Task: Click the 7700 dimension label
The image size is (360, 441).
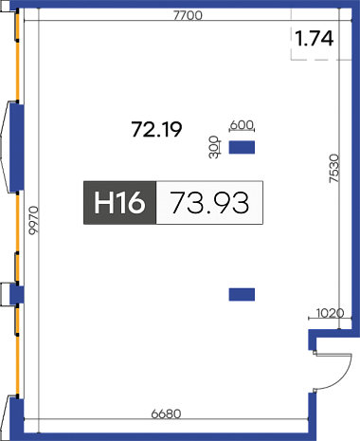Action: pyautogui.click(x=188, y=15)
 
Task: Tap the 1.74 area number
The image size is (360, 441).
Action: pyautogui.click(x=315, y=38)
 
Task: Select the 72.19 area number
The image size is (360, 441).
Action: pyautogui.click(x=156, y=129)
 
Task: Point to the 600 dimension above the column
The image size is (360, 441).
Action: pyautogui.click(x=242, y=125)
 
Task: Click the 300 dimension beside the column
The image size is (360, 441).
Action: pyautogui.click(x=214, y=147)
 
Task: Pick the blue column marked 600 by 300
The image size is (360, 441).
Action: pyautogui.click(x=242, y=147)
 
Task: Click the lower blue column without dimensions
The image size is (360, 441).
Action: pyautogui.click(x=242, y=294)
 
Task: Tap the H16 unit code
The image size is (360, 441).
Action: pyautogui.click(x=119, y=202)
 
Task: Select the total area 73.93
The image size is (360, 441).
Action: pyautogui.click(x=210, y=203)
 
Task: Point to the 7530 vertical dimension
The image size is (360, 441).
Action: pyautogui.click(x=334, y=168)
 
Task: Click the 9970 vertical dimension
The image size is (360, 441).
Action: pyautogui.click(x=33, y=220)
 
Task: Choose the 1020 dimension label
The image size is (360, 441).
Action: pyautogui.click(x=330, y=313)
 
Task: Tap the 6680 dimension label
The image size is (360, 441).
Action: pyautogui.click(x=167, y=413)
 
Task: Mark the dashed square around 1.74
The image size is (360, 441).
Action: pyautogui.click(x=321, y=34)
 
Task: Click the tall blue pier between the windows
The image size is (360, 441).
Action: pyautogui.click(x=17, y=147)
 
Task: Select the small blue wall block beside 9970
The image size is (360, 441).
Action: pyautogui.click(x=17, y=294)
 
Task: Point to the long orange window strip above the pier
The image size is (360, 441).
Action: pyautogui.click(x=18, y=70)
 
